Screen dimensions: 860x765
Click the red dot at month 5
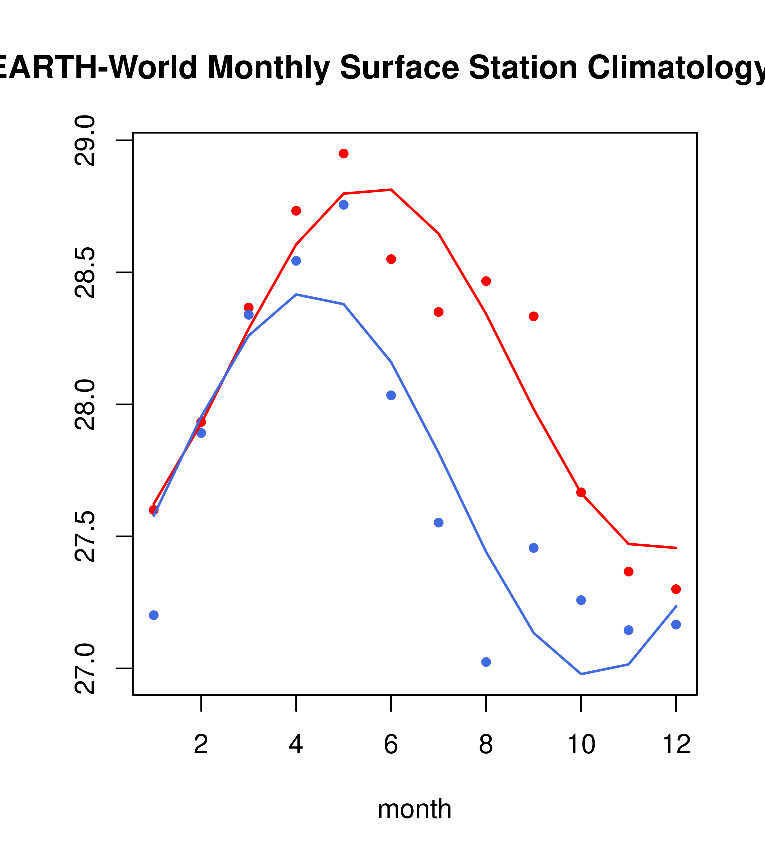click(x=344, y=153)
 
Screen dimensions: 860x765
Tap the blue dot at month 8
click(x=486, y=662)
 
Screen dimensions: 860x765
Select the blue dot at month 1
click(x=154, y=615)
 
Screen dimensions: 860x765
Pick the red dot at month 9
click(x=533, y=316)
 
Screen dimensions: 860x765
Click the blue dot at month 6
click(x=391, y=395)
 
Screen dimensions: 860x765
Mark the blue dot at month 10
click(x=581, y=600)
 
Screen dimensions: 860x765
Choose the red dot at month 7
click(x=439, y=312)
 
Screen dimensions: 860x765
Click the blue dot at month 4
click(x=296, y=261)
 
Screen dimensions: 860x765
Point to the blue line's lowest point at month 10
click(x=581, y=674)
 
